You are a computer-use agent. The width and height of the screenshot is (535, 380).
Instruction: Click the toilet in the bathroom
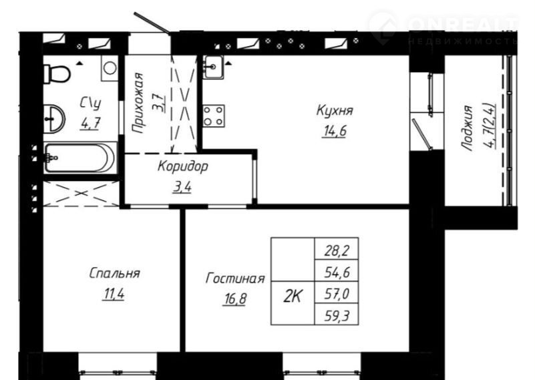pos(57,73)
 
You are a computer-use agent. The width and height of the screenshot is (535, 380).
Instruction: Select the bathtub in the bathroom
pos(80,158)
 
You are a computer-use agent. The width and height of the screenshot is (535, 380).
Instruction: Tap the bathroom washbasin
pos(54,118)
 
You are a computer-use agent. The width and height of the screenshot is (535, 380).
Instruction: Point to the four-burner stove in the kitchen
pos(214,116)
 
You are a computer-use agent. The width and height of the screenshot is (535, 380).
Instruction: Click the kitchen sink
pos(213,67)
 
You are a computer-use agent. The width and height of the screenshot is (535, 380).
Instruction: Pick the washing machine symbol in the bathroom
pos(110,68)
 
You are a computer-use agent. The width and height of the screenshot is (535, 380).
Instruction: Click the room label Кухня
pos(335,110)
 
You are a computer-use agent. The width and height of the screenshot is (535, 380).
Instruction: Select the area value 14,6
pos(334,131)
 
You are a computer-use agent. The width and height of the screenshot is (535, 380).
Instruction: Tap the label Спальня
pos(115,273)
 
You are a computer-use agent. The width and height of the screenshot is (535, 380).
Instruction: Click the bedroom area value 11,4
pos(114,294)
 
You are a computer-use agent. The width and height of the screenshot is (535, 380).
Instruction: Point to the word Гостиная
pos(235,278)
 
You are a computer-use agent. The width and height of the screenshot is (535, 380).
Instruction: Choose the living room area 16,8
pos(234,299)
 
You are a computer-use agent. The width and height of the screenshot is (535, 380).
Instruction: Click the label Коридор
pos(182,166)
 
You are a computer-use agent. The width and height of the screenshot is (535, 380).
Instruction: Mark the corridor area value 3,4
pos(182,187)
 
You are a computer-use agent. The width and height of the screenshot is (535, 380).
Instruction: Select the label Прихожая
pos(138,102)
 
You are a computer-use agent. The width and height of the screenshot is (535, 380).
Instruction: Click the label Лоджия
pos(467,128)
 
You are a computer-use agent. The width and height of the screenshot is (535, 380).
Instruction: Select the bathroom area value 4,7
pos(90,124)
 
